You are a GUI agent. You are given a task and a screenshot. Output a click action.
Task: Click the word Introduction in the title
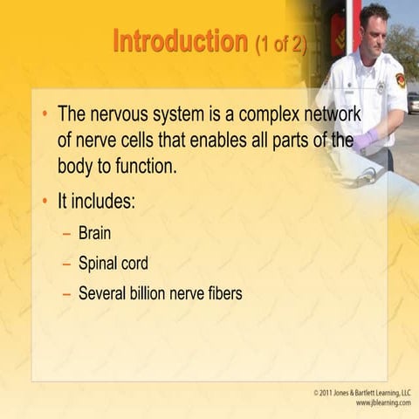tap(180, 41)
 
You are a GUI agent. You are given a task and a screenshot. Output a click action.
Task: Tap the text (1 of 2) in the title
tap(280, 44)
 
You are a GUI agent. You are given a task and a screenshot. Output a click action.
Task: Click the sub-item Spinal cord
tap(113, 264)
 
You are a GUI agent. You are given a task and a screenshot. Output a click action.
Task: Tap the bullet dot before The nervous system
tap(45, 114)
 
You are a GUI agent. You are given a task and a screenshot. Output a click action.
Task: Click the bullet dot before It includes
tap(45, 203)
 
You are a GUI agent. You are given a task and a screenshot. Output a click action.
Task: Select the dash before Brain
tap(66, 234)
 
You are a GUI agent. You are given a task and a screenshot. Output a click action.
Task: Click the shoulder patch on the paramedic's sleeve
tap(400, 81)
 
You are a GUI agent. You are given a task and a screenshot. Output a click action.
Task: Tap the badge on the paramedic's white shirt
tap(381, 86)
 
